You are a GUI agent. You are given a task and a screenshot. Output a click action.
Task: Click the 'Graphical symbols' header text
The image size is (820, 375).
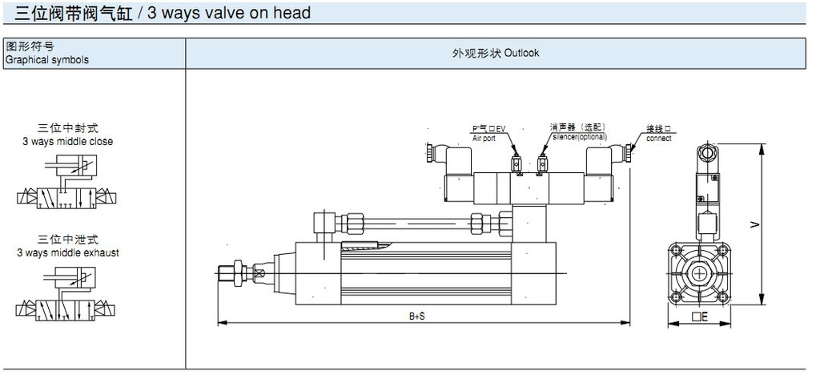(x=47, y=60)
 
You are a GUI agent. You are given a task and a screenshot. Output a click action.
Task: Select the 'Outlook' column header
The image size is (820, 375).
(x=521, y=54)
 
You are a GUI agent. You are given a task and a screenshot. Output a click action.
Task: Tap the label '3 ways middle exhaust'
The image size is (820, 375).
(x=68, y=252)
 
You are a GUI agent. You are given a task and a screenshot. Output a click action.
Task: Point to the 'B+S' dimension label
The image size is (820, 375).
(x=416, y=317)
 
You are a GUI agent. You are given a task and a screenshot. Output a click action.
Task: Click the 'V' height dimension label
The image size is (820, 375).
(x=754, y=225)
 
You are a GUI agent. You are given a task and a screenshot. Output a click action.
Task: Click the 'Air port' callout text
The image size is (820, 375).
(x=484, y=138)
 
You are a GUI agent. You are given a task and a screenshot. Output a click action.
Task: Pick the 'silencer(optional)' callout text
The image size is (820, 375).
(x=578, y=137)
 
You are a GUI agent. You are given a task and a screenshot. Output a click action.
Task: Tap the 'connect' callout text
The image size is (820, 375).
(x=659, y=139)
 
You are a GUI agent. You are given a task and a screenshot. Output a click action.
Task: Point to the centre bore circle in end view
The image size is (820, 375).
(x=701, y=272)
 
